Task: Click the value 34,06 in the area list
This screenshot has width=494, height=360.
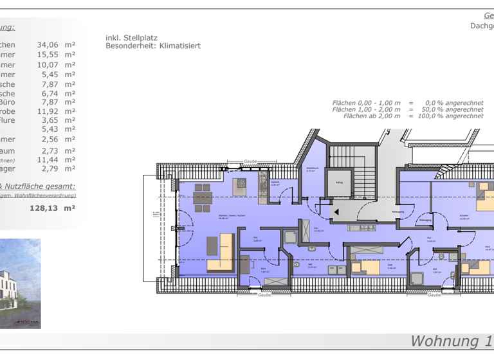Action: coord(48,45)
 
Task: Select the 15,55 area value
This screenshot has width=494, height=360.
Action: coord(48,55)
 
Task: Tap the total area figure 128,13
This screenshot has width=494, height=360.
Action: coord(43,208)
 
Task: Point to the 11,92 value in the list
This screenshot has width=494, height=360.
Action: coord(48,111)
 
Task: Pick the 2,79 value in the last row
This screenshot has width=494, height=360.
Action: coord(50,168)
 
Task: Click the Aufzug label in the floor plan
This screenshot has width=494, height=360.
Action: coord(339,182)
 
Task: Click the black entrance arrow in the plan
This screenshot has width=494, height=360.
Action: coord(335,210)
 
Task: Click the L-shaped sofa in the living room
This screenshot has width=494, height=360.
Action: coord(219,253)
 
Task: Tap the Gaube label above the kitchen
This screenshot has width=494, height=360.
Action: coord(250,162)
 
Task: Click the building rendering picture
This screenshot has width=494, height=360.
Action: coord(20,283)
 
